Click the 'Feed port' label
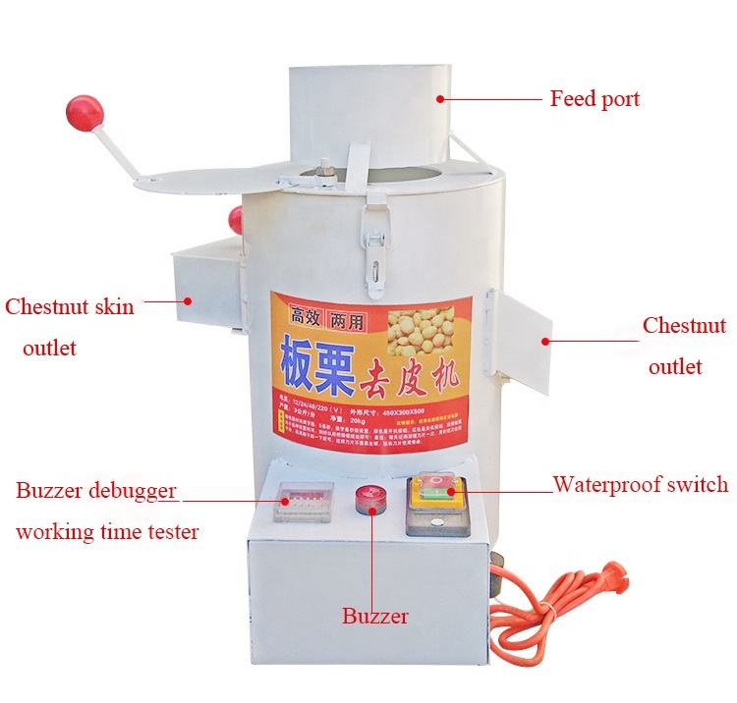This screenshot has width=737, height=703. point(594,99)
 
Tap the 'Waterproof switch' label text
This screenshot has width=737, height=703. point(640,484)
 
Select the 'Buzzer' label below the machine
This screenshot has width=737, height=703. point(374,617)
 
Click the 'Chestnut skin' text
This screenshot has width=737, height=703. point(70,306)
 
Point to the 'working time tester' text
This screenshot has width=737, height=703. point(107,532)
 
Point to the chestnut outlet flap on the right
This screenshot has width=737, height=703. point(521,335)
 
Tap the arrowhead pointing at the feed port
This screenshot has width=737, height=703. point(441,98)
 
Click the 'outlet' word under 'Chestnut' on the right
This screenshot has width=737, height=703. point(676,366)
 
